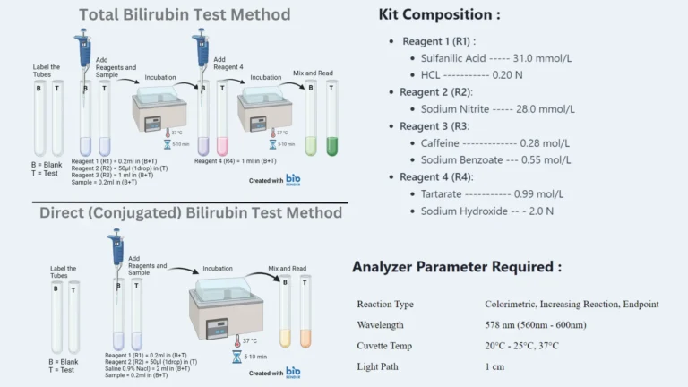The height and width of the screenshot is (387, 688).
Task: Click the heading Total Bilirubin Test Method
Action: click(184, 14)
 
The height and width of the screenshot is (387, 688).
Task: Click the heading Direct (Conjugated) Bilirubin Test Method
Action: click(191, 212)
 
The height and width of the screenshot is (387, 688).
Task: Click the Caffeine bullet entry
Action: click(495, 142)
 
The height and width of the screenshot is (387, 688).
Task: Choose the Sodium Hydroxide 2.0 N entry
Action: click(486, 211)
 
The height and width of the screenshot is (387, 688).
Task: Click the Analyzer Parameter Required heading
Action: click(457, 266)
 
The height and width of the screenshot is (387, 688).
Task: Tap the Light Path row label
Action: click(380, 365)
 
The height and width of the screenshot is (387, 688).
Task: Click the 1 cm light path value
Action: click(495, 365)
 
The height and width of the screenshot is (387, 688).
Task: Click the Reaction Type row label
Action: click(385, 304)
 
